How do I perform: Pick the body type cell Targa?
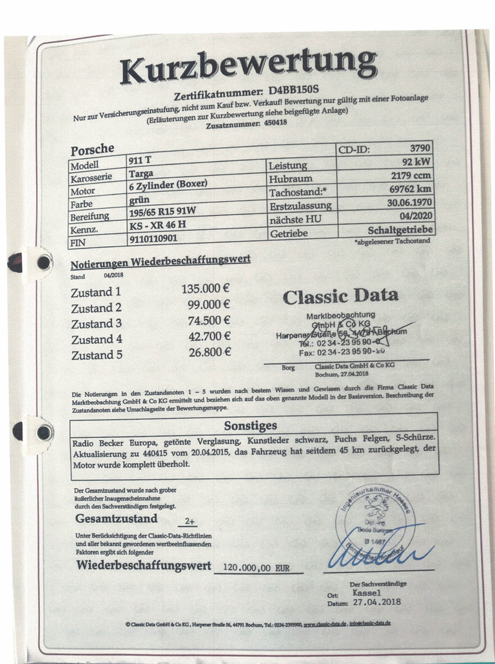141,174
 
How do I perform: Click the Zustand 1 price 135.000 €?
206,289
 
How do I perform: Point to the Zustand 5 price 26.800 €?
206,352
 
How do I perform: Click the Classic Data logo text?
340,296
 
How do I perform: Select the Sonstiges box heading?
251,426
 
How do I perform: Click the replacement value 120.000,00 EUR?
256,568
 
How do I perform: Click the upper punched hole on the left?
43,262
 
